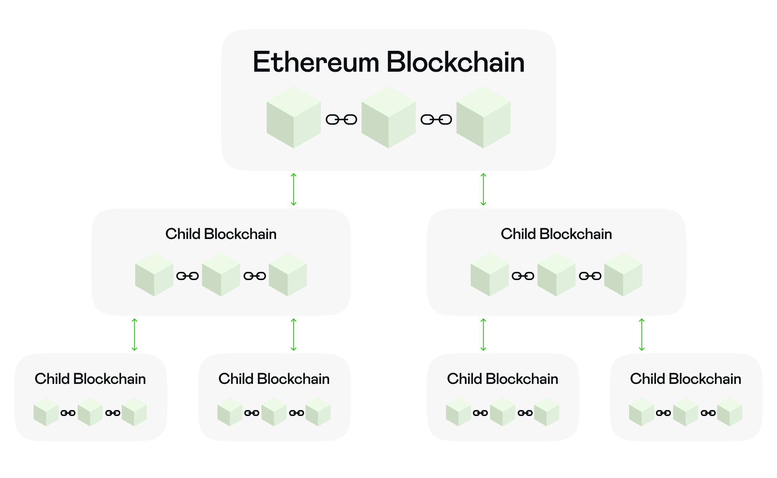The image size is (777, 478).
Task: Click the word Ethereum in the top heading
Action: click(x=316, y=62)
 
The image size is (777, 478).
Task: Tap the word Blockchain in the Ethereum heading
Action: click(x=455, y=62)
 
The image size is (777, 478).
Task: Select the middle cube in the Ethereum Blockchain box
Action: click(x=388, y=117)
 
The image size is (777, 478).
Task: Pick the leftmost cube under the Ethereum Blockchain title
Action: click(x=294, y=117)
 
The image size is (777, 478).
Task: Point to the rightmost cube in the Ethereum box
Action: click(x=483, y=117)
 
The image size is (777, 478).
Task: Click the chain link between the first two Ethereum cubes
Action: click(x=341, y=119)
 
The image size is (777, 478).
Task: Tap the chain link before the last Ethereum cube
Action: click(x=436, y=119)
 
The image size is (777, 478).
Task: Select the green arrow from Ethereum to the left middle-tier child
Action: click(x=294, y=189)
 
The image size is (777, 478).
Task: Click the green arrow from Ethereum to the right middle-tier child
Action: click(x=483, y=189)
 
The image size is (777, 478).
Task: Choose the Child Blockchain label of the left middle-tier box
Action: click(x=221, y=234)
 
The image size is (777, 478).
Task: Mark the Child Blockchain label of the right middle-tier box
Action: click(x=556, y=234)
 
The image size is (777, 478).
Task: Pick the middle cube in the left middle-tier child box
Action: click(x=221, y=274)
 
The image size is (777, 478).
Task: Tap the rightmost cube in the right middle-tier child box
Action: click(x=623, y=274)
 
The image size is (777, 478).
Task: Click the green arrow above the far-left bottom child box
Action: click(x=134, y=335)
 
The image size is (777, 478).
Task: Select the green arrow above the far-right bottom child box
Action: click(x=642, y=335)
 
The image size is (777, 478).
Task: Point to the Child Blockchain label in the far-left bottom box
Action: click(x=90, y=379)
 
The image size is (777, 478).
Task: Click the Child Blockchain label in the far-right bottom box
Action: click(x=685, y=379)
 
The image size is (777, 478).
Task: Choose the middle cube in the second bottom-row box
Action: click(x=274, y=412)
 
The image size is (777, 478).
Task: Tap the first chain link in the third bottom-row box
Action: click(x=480, y=413)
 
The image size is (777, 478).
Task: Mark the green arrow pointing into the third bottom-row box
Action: click(x=483, y=335)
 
